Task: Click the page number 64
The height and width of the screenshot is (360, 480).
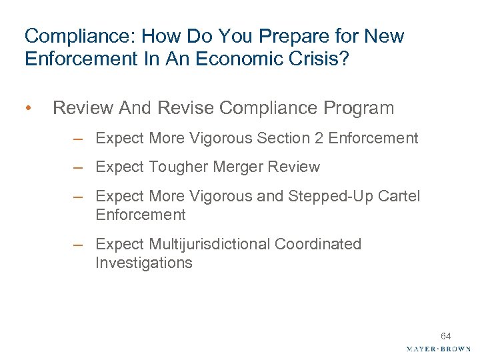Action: (x=446, y=336)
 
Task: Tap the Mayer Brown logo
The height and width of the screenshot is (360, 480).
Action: (x=438, y=349)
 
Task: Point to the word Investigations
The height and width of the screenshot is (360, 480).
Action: (x=144, y=263)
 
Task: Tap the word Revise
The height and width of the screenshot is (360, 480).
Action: (x=191, y=108)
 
